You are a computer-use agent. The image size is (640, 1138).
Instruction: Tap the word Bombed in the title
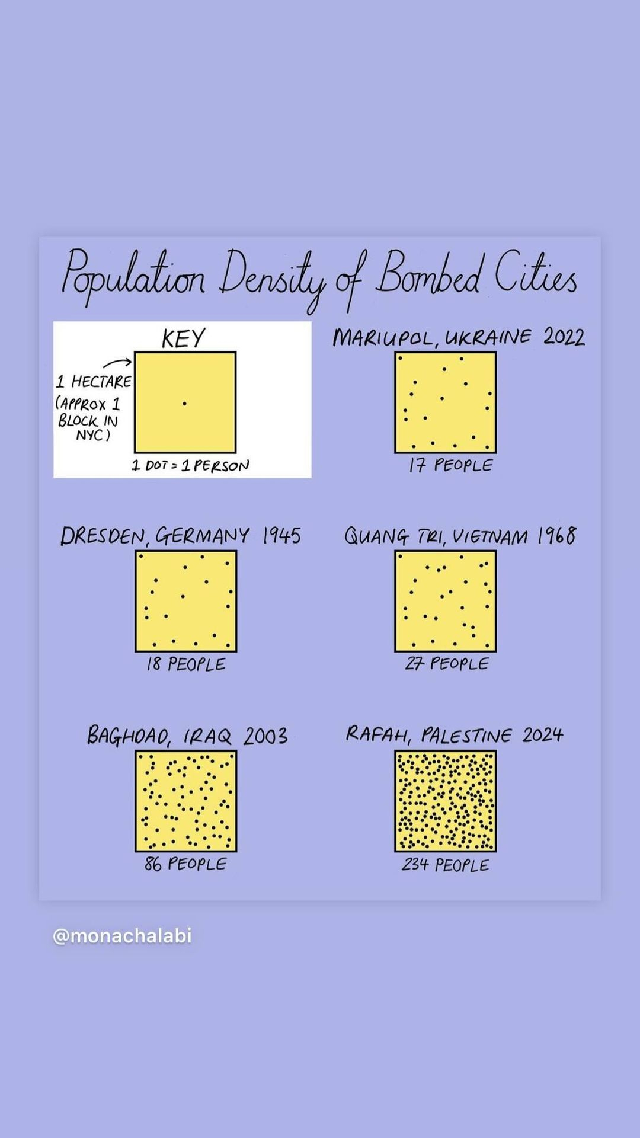[x=428, y=274]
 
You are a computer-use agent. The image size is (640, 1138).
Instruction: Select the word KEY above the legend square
[x=183, y=338]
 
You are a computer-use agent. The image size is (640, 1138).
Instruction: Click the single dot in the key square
[x=185, y=404]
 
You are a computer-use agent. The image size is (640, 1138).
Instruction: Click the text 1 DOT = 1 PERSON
[x=190, y=466]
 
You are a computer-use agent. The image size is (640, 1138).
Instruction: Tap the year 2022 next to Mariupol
[x=564, y=337]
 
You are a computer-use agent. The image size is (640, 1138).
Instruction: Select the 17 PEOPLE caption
[x=450, y=465]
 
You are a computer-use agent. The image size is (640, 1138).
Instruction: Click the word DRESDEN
[x=102, y=536]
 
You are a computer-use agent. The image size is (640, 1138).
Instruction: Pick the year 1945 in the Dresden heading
[x=281, y=536]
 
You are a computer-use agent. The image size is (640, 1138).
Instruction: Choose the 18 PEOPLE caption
[x=186, y=664]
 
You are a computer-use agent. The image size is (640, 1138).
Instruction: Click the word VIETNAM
[x=489, y=537]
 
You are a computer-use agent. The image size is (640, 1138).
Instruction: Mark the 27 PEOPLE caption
[x=447, y=663]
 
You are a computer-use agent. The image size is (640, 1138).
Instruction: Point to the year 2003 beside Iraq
[x=265, y=736]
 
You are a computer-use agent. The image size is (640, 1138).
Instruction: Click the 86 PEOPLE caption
[x=185, y=864]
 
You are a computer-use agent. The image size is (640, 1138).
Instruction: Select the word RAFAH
[x=377, y=735]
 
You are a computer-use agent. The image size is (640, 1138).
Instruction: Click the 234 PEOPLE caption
[x=446, y=865]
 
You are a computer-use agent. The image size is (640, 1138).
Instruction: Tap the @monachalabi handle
[x=122, y=936]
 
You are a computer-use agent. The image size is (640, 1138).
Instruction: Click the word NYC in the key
[x=92, y=436]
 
